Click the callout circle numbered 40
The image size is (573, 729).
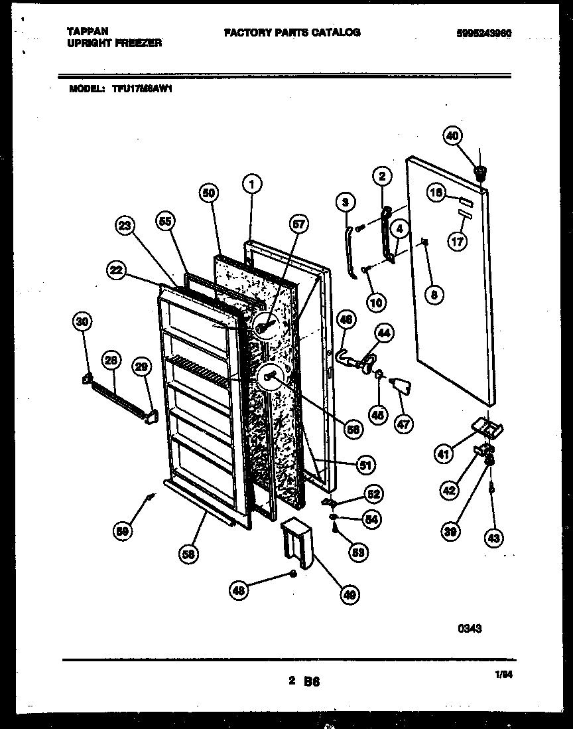[x=452, y=137]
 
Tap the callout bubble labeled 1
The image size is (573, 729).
[x=251, y=184]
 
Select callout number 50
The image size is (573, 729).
[x=209, y=193]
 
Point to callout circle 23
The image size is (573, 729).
[x=124, y=227]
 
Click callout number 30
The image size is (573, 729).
[x=82, y=322]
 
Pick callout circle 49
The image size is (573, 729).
[x=349, y=596]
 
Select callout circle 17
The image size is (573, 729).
[x=457, y=242]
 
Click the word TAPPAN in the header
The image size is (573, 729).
[x=88, y=31]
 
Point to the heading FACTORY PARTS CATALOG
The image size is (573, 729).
[x=292, y=32]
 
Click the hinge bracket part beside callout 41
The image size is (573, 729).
[x=487, y=428]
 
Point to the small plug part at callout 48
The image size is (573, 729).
[x=292, y=573]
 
